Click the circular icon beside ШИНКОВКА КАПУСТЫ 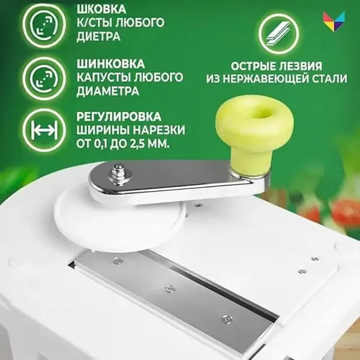click(44, 77)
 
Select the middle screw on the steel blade click(170, 289)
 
